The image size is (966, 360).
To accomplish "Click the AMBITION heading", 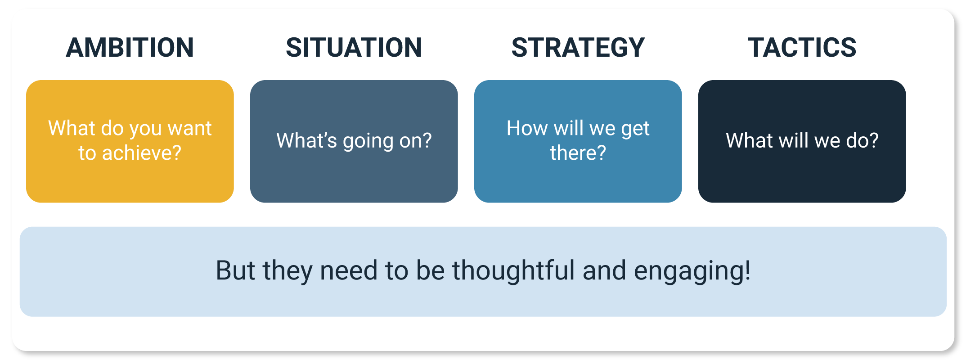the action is (130, 48).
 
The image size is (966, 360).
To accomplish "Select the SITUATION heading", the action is (354, 48).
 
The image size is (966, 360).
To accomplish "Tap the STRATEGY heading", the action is (578, 48).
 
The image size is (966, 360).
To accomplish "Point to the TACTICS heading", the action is (802, 48).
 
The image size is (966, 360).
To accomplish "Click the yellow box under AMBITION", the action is (130, 141).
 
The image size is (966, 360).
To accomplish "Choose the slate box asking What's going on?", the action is (354, 141).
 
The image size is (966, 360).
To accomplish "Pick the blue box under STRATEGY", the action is (578, 141).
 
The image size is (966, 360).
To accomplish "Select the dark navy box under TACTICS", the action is (802, 141).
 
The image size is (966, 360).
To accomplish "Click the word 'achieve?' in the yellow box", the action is (142, 153).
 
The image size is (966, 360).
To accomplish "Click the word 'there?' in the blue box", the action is (578, 153).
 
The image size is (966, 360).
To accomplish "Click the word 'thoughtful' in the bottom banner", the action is (513, 270).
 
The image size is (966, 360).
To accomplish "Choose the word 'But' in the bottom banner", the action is (236, 270).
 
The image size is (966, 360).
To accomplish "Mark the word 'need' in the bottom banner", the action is (349, 270).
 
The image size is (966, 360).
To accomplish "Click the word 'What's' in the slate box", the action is (306, 140).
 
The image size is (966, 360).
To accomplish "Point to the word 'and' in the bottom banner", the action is (604, 270).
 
